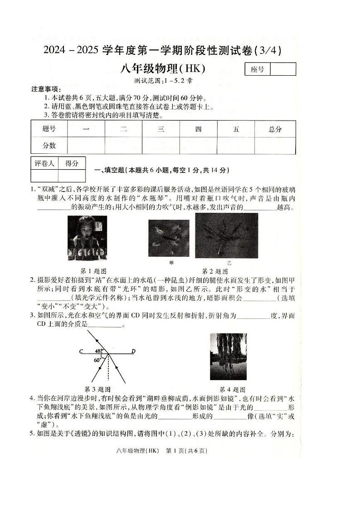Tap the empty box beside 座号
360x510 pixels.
coord(283,69)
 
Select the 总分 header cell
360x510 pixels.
coord(275,129)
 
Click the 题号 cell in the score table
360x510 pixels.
coord(49,129)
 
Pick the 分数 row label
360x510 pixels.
coord(49,146)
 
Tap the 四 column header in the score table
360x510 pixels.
coord(198,129)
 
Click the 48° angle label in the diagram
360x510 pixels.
coord(98,351)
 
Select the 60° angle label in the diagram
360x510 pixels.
coord(97,360)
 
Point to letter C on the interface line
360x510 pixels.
coord(80,351)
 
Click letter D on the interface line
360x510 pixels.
coord(133,351)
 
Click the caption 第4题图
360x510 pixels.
coord(232,389)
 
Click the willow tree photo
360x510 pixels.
coord(229,357)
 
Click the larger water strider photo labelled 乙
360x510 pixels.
coord(227,235)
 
